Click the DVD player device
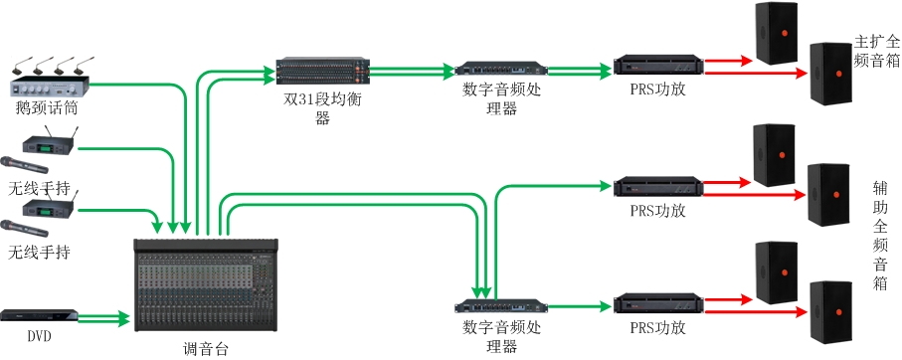pyautogui.click(x=39, y=315)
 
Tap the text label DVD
pyautogui.click(x=39, y=336)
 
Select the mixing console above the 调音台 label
pyautogui.click(x=206, y=285)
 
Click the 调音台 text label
pyautogui.click(x=206, y=348)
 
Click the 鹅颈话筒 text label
pyautogui.click(x=47, y=107)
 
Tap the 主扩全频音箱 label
pyautogui.click(x=877, y=52)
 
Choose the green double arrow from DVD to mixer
pyautogui.click(x=103, y=317)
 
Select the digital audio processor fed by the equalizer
pyautogui.click(x=501, y=69)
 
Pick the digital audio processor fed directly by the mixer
pyautogui.click(x=501, y=305)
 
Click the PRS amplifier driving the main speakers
pyautogui.click(x=658, y=65)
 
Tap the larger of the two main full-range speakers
pyautogui.click(x=830, y=74)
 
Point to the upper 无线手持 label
pyautogui.click(x=39, y=188)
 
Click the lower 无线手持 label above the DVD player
pyautogui.click(x=39, y=252)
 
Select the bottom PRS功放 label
pyautogui.click(x=658, y=327)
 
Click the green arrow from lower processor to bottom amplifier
pyautogui.click(x=579, y=306)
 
